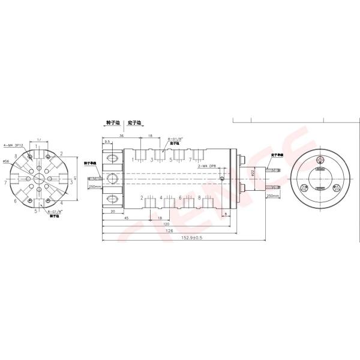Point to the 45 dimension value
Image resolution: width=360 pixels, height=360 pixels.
pos(126,217)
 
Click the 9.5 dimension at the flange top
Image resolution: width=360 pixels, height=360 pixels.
pos(107,142)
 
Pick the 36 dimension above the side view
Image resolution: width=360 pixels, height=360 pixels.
pos(122,136)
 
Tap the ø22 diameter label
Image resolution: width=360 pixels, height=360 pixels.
pos(253,173)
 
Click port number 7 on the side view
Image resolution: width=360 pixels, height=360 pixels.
pos(190,161)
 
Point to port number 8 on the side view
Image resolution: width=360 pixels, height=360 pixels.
pos(200,197)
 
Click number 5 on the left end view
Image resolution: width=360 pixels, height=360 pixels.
pos(36,211)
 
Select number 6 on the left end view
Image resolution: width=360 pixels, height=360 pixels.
pos(14,201)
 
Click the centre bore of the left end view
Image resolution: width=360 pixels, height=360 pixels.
pos(40,178)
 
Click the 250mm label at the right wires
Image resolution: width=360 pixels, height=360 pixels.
pos(272,196)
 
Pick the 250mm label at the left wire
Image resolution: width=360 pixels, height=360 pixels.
pos(94,186)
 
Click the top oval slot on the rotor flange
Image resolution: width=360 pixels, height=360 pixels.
pos(112,159)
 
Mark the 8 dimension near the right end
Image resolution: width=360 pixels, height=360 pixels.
pos(226,214)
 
